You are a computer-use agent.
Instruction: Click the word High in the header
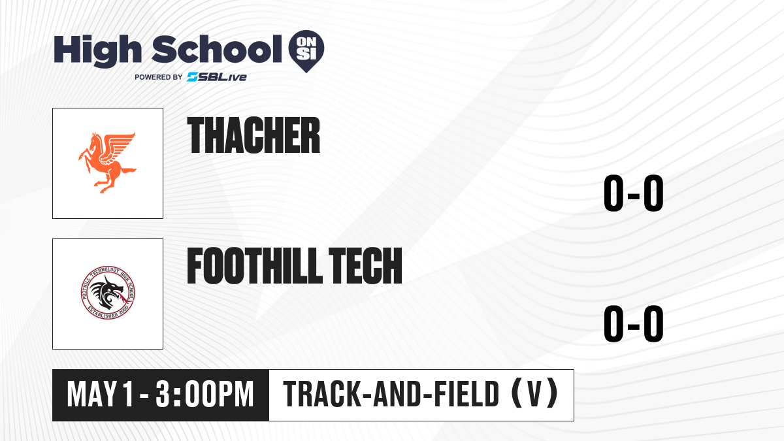click(98, 51)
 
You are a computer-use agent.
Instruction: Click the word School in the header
click(217, 49)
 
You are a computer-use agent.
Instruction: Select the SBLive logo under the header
click(217, 77)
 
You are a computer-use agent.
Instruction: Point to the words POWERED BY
click(158, 77)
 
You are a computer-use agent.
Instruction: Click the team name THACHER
click(253, 135)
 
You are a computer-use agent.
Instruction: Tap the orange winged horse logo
click(108, 163)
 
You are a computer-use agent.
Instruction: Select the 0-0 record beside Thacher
click(634, 193)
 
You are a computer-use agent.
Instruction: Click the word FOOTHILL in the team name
click(254, 266)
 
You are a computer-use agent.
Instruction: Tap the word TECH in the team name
click(365, 266)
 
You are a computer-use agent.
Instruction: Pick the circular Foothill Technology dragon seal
click(107, 293)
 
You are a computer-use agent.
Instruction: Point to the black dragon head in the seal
click(106, 292)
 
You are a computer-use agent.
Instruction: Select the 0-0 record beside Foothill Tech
click(634, 324)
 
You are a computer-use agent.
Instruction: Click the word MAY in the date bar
click(91, 395)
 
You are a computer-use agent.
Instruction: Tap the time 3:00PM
click(204, 395)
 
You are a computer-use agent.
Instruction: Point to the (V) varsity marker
click(534, 394)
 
